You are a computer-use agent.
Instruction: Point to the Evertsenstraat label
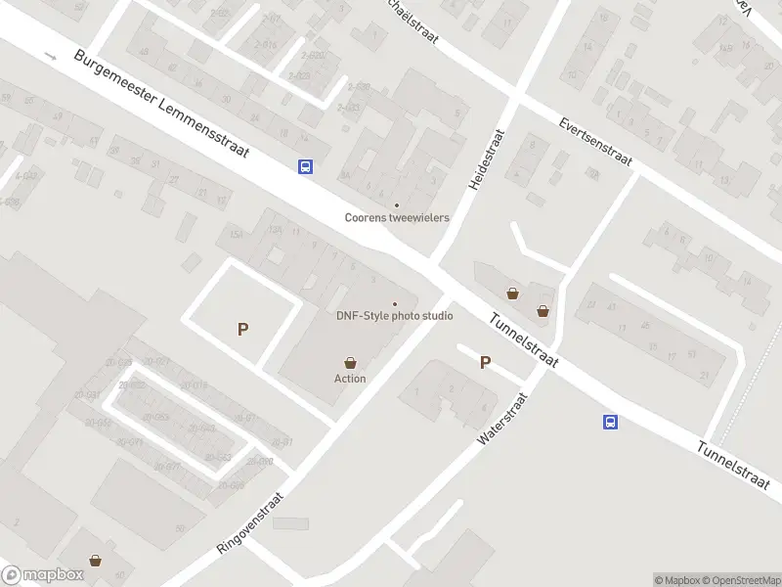[x=595, y=143]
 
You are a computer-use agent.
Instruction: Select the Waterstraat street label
[x=502, y=421]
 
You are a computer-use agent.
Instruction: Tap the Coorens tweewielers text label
[x=397, y=217]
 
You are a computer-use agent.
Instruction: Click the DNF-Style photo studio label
[x=395, y=316]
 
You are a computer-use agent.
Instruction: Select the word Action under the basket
[x=350, y=379]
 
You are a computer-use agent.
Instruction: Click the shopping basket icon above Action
[x=350, y=363]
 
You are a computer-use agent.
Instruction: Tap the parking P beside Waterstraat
[x=485, y=362]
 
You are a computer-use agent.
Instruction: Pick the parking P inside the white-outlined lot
[x=242, y=330]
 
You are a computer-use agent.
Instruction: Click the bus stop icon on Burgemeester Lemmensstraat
[x=306, y=166]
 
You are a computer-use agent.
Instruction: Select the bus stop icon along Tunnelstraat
[x=610, y=422]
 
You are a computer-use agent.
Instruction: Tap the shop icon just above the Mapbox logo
[x=96, y=561]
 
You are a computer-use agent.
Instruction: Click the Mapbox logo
[x=41, y=575]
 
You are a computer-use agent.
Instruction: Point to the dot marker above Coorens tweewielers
[x=396, y=205]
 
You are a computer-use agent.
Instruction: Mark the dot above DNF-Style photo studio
[x=395, y=304]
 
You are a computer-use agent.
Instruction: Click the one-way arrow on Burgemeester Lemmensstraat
[x=52, y=56]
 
